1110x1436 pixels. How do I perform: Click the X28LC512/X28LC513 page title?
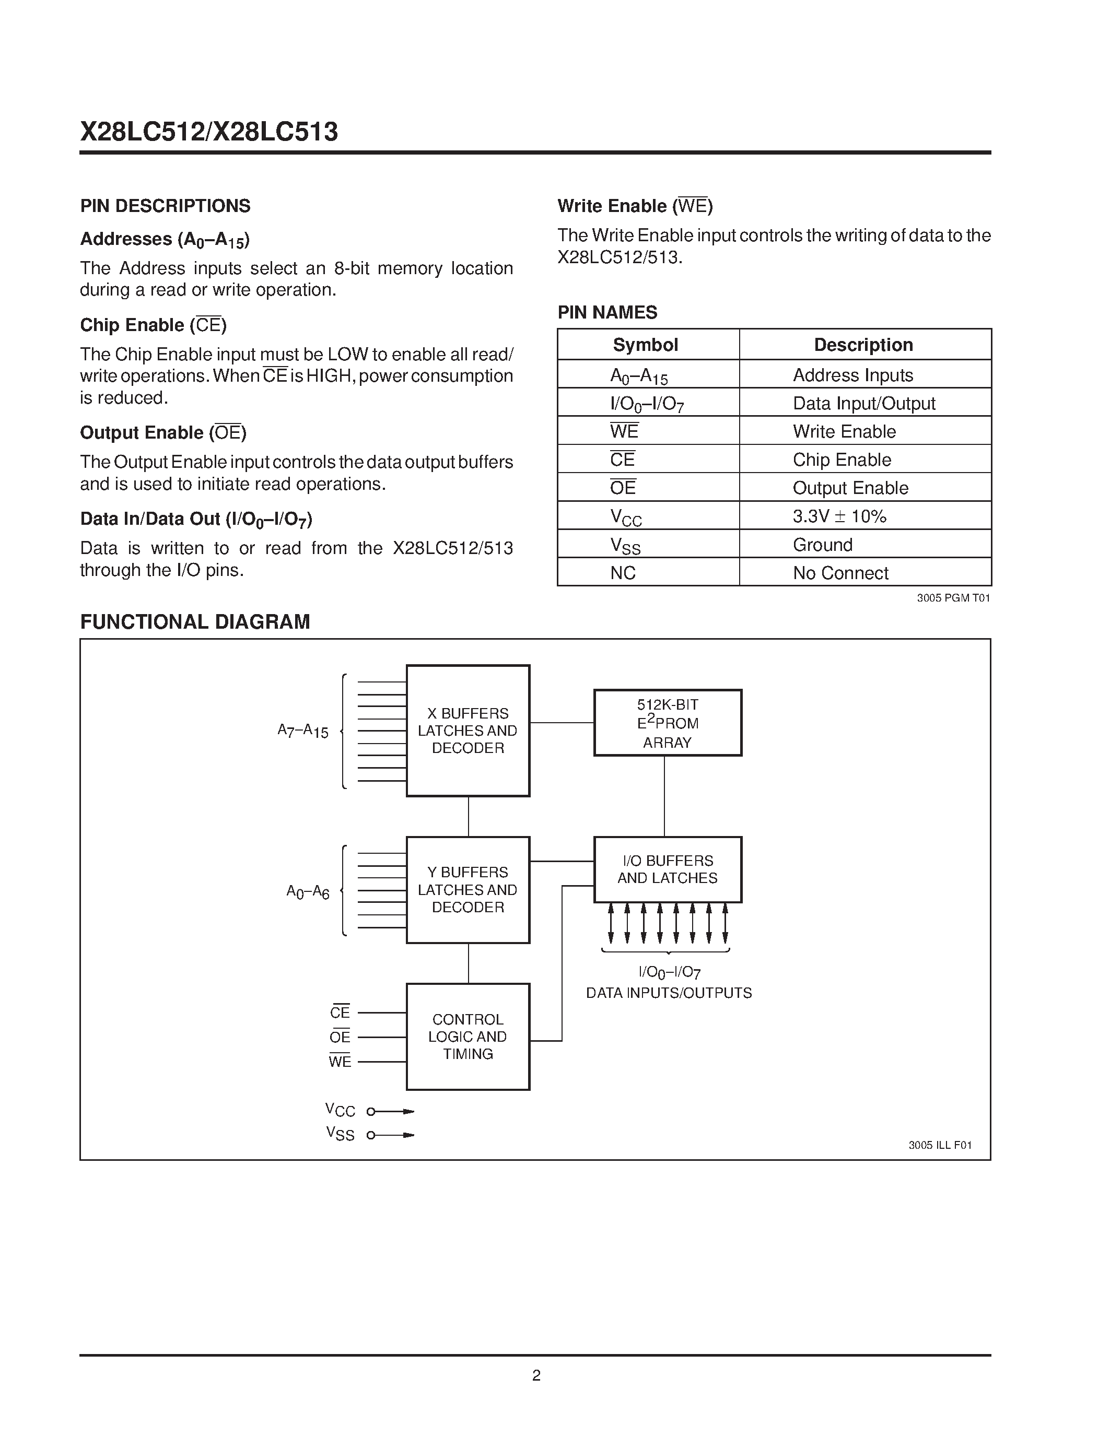[209, 132]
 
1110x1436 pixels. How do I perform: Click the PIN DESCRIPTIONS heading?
[165, 206]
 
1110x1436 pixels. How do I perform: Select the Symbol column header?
[645, 345]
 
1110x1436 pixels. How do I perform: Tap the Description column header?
[863, 345]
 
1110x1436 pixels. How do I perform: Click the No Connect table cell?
[840, 573]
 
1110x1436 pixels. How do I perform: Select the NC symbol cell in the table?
[623, 573]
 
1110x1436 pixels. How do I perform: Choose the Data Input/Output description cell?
[863, 403]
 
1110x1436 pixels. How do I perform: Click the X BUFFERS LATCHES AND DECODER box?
[468, 731]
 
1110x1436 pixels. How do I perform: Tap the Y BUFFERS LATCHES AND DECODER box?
[468, 890]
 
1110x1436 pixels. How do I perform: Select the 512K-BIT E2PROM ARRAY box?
[668, 723]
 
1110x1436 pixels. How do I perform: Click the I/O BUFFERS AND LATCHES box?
[668, 869]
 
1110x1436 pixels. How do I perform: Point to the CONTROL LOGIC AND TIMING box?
[468, 1036]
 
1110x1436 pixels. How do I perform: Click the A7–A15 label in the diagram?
[303, 731]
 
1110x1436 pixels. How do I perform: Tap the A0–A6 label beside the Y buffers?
[308, 891]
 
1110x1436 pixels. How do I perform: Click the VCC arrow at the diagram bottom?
[392, 1111]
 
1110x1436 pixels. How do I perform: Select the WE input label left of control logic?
[340, 1061]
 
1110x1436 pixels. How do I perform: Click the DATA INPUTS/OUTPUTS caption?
[669, 993]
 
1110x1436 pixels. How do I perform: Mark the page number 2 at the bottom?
[536, 1375]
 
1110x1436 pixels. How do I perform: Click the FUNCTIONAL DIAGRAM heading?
[195, 621]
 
